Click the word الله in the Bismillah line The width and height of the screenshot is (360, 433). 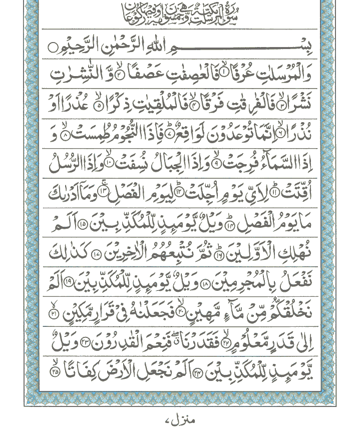coord(164,49)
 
